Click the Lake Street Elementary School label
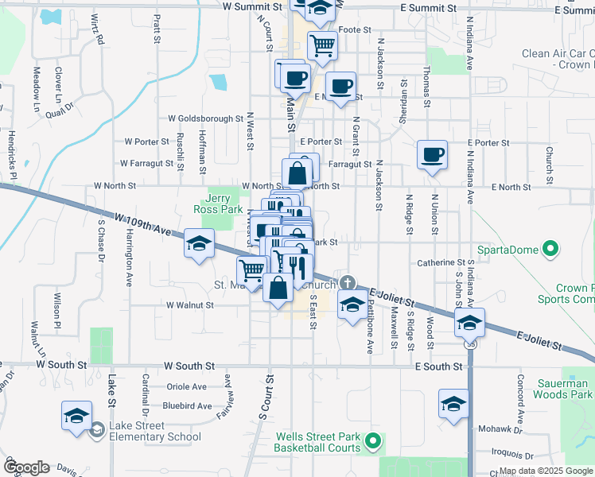tap(156, 431)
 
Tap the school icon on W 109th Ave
tap(199, 242)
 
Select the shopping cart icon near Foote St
tap(322, 45)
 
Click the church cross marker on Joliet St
tap(348, 282)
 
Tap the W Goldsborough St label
tap(205, 118)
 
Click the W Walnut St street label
tap(189, 304)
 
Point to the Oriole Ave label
tap(186, 387)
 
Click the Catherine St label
tap(441, 262)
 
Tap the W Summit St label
tap(253, 6)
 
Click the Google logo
tap(25, 467)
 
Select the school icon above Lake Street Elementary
tap(77, 415)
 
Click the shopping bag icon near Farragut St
tap(297, 172)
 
